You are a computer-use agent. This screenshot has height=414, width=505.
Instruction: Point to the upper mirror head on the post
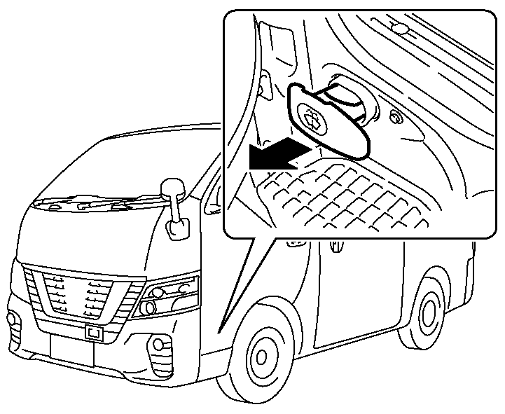tap(171, 188)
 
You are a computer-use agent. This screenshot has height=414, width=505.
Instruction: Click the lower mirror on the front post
tap(177, 228)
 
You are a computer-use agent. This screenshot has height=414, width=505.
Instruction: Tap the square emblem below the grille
tap(93, 333)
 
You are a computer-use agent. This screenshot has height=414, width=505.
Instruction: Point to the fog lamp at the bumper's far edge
tap(13, 319)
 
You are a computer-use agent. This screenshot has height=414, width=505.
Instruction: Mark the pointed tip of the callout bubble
tap(219, 329)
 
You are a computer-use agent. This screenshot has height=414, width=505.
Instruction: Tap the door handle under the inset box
tap(336, 247)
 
